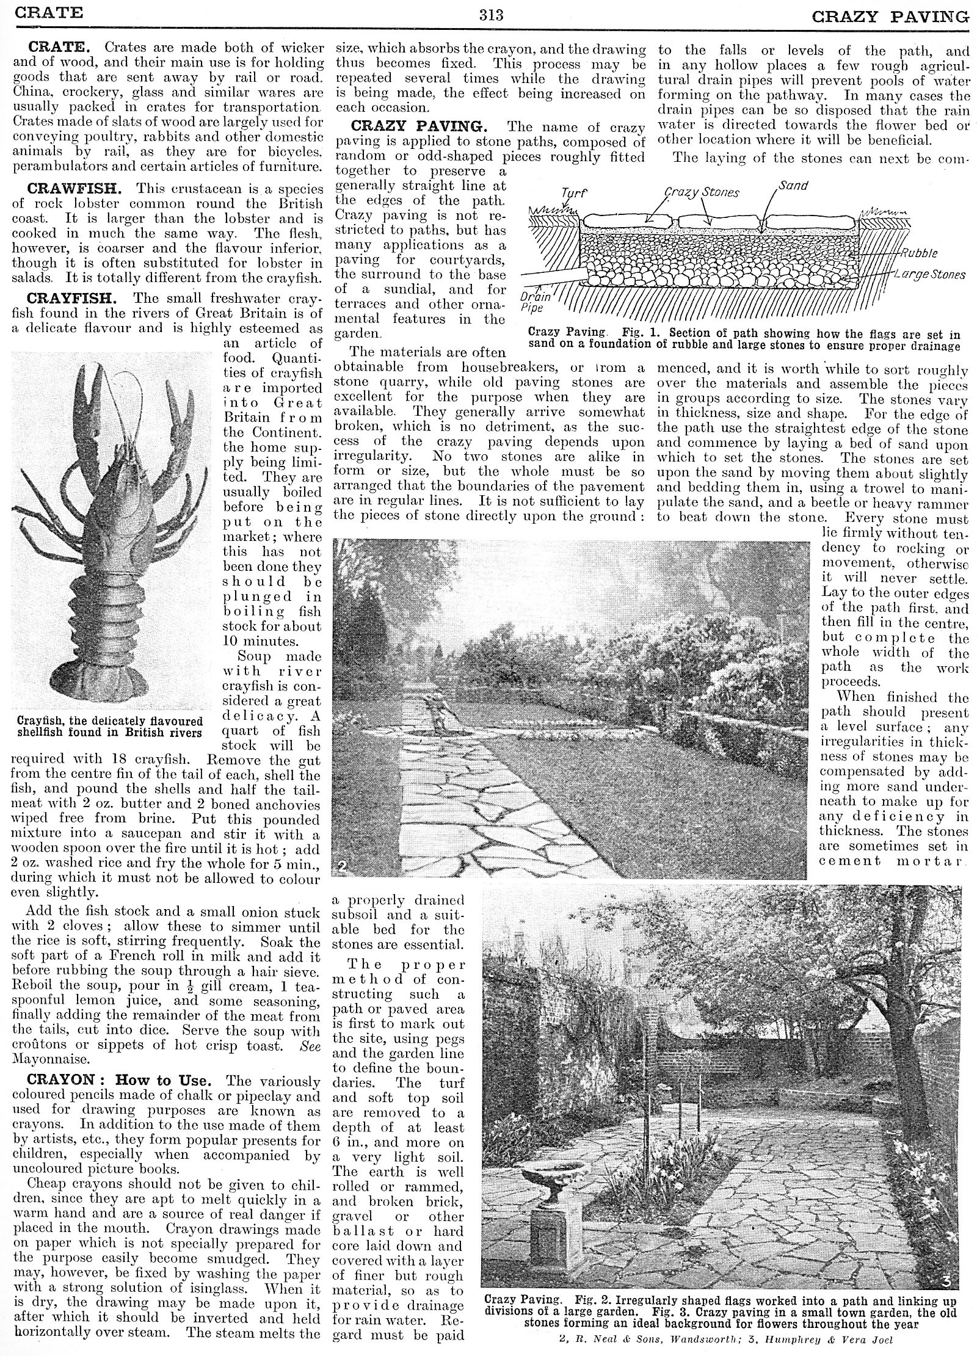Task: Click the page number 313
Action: pyautogui.click(x=491, y=15)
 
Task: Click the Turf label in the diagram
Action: pyautogui.click(x=573, y=194)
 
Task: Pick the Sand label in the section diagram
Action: pyautogui.click(x=793, y=185)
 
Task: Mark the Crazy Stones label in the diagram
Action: pyautogui.click(x=702, y=192)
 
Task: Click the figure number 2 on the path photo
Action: pyautogui.click(x=342, y=866)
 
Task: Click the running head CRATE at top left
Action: pyautogui.click(x=48, y=13)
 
